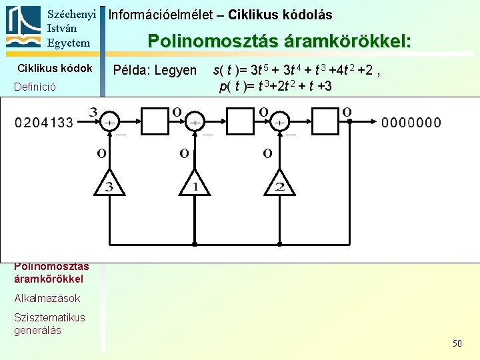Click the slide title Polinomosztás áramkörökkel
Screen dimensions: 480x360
tap(279, 41)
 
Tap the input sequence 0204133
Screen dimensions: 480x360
tap(44, 123)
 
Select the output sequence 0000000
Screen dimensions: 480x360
tap(411, 123)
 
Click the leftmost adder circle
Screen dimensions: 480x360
tap(109, 123)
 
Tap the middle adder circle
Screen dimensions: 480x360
tap(194, 123)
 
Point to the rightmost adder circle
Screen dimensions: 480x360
tap(279, 123)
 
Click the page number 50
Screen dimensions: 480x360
tap(457, 343)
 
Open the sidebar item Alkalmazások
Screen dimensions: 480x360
tap(47, 298)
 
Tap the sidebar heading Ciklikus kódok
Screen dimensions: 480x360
tap(55, 68)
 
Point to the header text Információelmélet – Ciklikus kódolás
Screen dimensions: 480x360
tap(220, 15)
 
